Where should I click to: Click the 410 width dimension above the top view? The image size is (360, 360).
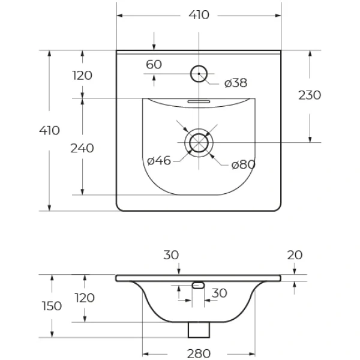coord(199,16)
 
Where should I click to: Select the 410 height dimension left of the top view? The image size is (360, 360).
coord(50,131)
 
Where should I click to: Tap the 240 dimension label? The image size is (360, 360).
coord(82,148)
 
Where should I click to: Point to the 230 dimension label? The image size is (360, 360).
coord(310,95)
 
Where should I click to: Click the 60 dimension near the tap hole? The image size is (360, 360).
coord(154,65)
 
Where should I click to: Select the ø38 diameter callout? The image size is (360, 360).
coord(235,83)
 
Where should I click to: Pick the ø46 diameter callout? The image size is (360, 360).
coord(159,160)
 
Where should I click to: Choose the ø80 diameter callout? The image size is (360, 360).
coord(244,164)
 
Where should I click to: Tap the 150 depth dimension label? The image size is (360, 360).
coord(52,306)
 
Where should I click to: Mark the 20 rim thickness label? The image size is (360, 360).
coord(295,255)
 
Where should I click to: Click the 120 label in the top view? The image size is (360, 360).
coord(82,76)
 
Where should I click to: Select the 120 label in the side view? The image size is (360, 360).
coord(85,298)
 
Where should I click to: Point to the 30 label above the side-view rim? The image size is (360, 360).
coord(171,255)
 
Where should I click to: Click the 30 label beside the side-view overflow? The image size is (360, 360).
coord(219,293)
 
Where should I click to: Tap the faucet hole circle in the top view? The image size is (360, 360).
coord(199,74)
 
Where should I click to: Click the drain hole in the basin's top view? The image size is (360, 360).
coord(199,143)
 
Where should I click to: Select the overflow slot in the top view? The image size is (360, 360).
coord(198,101)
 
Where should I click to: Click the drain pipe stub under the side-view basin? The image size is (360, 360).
coord(199,329)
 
